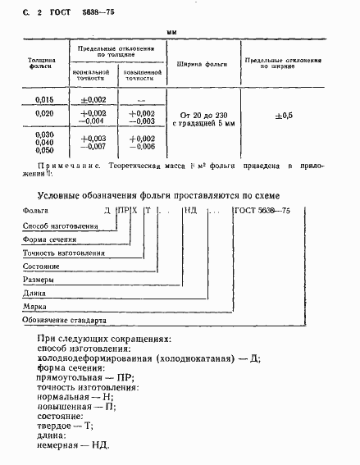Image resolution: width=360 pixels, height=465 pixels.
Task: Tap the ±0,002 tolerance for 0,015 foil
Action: pos(93,98)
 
